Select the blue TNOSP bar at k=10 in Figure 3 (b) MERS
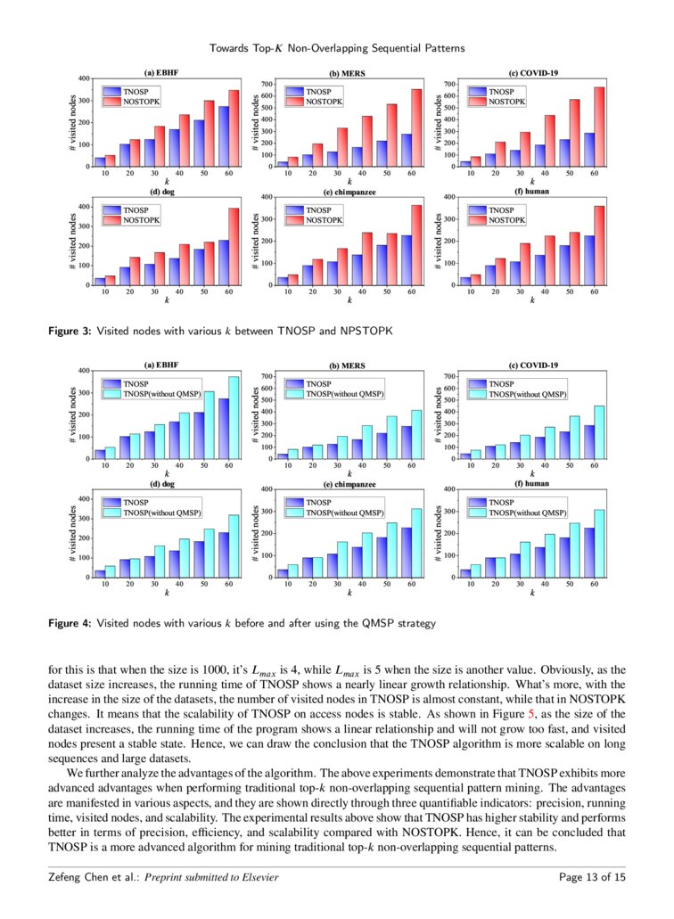click(x=283, y=164)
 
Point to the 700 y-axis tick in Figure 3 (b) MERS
click(x=267, y=84)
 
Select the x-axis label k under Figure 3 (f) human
click(x=532, y=301)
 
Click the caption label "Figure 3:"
click(x=70, y=331)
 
